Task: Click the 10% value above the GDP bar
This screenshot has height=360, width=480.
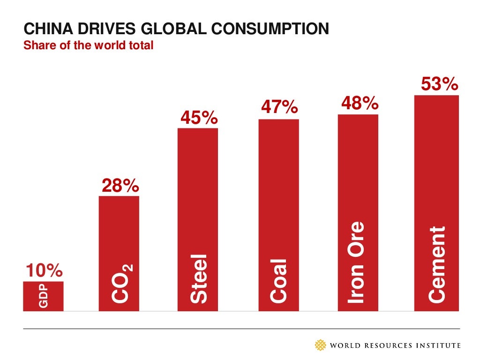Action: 43,271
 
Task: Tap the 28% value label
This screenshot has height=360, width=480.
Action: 120,186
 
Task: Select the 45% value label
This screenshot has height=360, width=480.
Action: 199,118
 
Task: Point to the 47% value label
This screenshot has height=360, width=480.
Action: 279,108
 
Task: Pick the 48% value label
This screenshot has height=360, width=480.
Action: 359,103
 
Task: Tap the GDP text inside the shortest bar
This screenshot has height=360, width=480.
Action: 43,297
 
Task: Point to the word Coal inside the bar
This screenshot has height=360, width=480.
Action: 279,280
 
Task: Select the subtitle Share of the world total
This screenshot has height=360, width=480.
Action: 89,46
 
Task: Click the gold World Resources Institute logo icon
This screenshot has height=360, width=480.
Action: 321,345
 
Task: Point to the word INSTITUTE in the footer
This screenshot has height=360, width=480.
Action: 437,346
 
